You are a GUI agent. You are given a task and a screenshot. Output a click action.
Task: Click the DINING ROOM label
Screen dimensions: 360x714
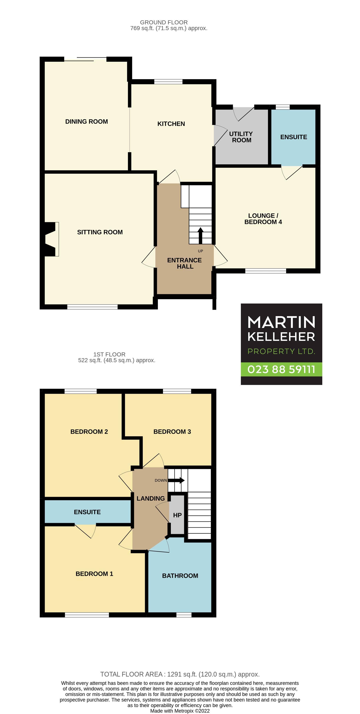coord(86,122)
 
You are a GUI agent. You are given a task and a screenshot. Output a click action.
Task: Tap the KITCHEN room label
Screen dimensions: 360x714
coord(171,124)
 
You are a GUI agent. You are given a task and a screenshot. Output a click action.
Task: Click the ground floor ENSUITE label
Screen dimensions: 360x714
coord(294,137)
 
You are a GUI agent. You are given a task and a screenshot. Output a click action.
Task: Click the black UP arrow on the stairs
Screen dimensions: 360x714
coord(200,236)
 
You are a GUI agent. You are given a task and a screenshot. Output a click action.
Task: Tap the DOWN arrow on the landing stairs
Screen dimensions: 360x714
coord(176,480)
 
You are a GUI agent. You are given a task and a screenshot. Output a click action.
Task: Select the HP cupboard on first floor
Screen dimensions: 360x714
coord(177,515)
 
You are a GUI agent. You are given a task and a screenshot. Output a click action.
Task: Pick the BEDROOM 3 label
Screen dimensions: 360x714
coord(172,432)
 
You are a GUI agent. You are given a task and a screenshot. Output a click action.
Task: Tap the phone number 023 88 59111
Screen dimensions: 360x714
coord(281,370)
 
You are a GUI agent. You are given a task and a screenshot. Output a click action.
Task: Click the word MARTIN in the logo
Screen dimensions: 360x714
coord(281,322)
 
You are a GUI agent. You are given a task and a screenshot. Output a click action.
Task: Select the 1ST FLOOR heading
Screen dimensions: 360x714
coord(109,354)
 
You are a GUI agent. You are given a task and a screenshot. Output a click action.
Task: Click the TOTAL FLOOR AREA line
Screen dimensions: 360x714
coord(180,674)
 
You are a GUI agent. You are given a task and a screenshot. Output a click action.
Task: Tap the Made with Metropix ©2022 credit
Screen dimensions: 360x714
coord(180,711)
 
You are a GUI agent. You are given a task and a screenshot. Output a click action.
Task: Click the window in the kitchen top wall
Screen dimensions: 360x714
coord(168,81)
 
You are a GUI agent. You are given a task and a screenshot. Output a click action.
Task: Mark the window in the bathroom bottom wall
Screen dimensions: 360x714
coord(184,615)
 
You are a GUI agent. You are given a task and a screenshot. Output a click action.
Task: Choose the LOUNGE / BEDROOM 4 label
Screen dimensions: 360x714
coord(263,219)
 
